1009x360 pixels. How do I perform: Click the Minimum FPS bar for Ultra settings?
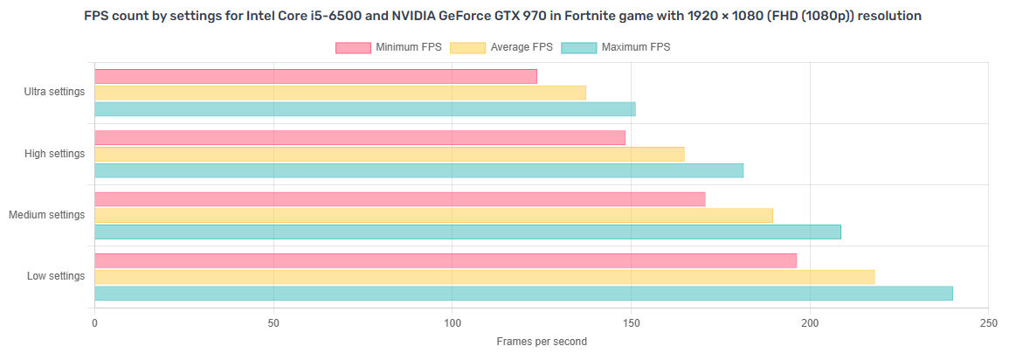point(315,76)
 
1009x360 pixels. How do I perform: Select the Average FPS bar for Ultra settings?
point(340,93)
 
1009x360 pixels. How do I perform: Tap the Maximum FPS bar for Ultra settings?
point(364,109)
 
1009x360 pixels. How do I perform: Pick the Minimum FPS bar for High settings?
point(360,137)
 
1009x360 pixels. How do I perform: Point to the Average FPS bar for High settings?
point(389,154)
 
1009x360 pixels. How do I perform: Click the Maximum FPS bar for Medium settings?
point(467,232)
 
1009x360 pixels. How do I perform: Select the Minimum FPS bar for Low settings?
point(446,260)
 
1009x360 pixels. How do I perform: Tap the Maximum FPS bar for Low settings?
point(523,294)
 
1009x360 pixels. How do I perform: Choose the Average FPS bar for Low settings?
point(484,277)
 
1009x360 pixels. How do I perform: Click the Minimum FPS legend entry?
point(389,47)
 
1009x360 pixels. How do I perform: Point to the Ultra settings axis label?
point(55,92)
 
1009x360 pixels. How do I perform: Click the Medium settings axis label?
point(47,215)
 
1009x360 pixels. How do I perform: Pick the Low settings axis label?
point(56,276)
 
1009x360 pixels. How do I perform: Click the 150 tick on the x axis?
point(631,322)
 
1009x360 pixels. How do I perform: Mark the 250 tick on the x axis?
point(988,322)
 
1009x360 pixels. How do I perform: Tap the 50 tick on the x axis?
point(273,322)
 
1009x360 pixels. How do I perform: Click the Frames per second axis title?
point(542,342)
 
